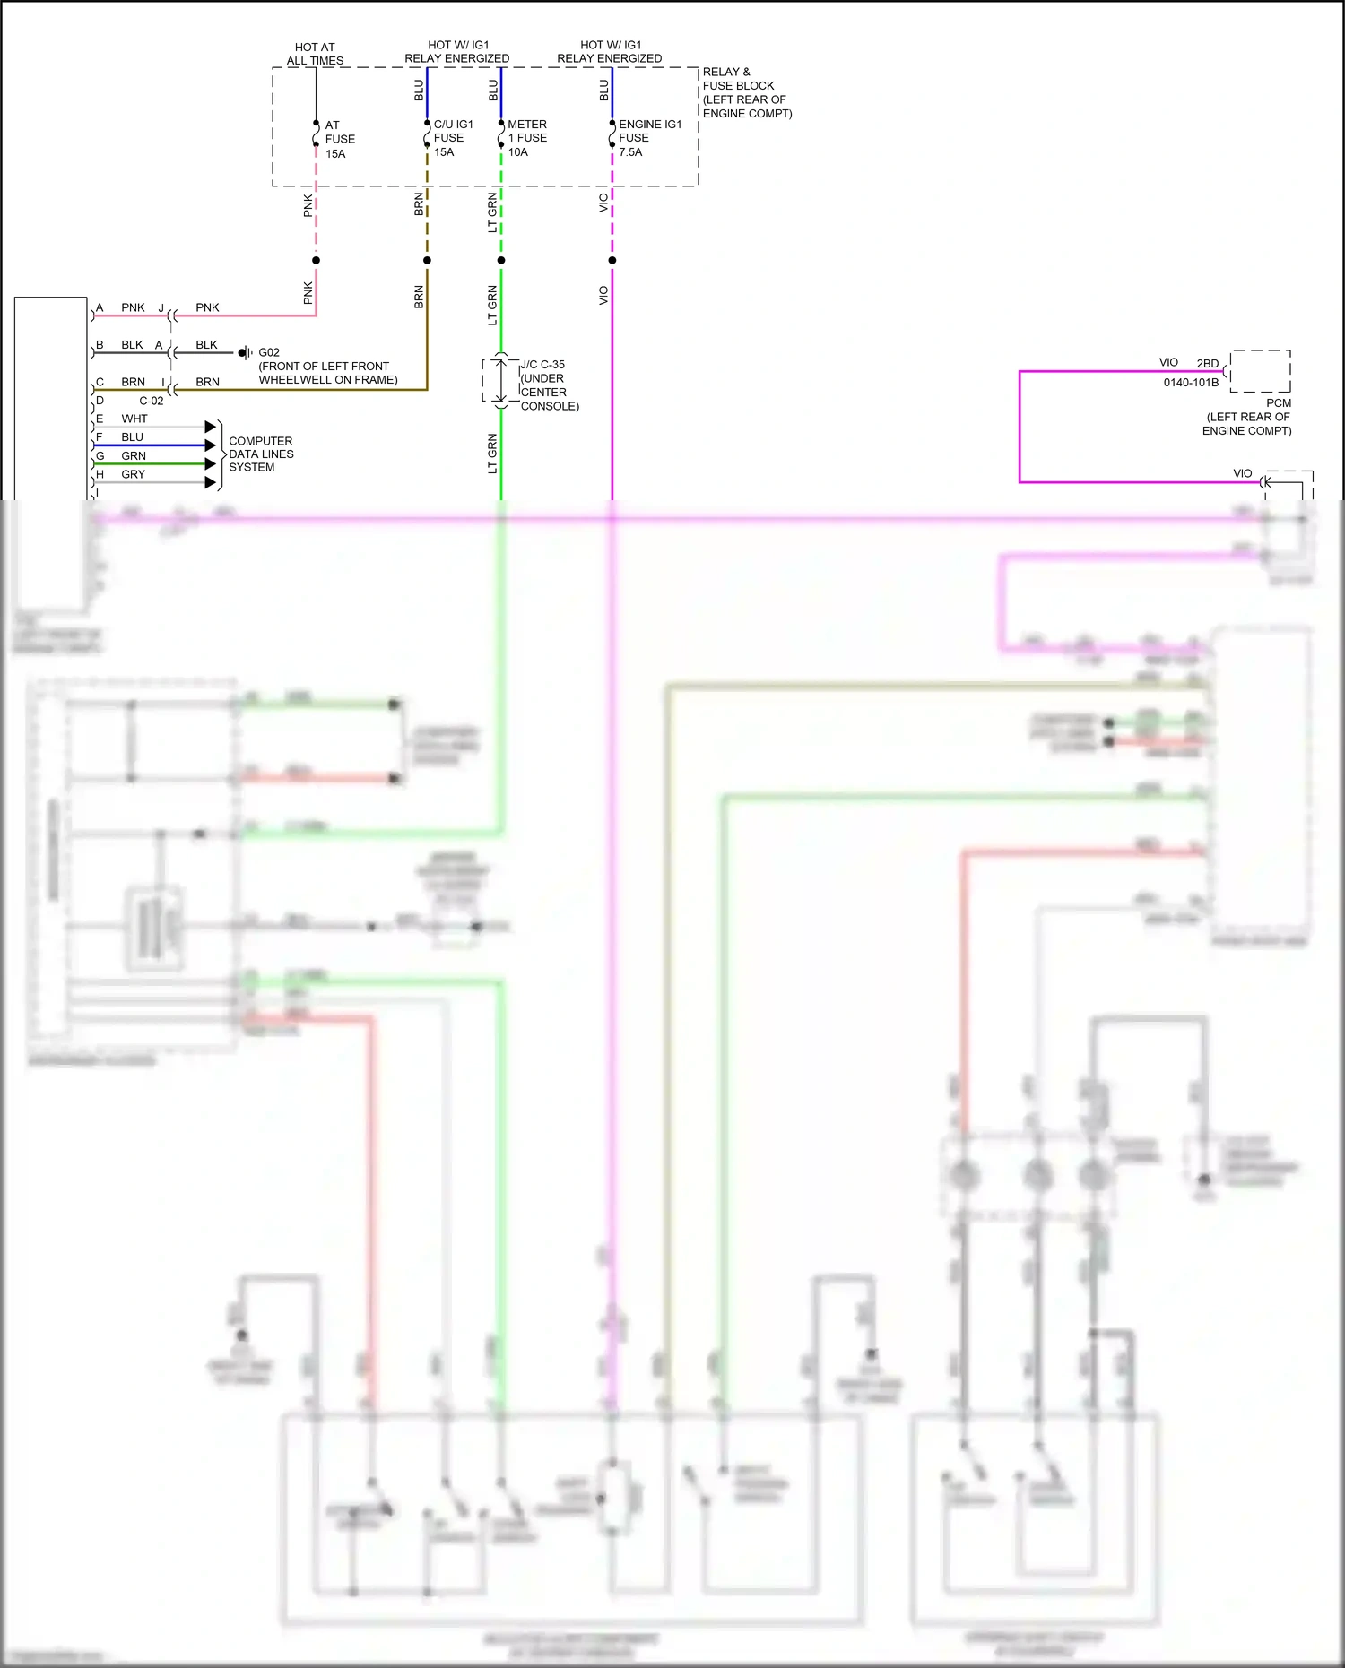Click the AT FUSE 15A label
pyautogui.click(x=339, y=139)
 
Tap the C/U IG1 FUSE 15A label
pyautogui.click(x=452, y=138)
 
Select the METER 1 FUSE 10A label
pyautogui.click(x=526, y=138)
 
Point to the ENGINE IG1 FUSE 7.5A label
pyautogui.click(x=649, y=138)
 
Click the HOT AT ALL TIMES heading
pyautogui.click(x=315, y=54)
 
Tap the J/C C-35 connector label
pyautogui.click(x=542, y=365)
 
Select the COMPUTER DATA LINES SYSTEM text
pyautogui.click(x=260, y=454)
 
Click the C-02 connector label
pyautogui.click(x=151, y=401)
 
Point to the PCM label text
pyautogui.click(x=1279, y=403)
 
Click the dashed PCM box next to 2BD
pyautogui.click(x=1261, y=371)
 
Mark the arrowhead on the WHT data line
pyautogui.click(x=211, y=427)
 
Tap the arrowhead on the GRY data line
pyautogui.click(x=211, y=482)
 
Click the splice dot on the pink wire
pyautogui.click(x=316, y=260)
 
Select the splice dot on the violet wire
pyautogui.click(x=612, y=260)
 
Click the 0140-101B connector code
pyautogui.click(x=1191, y=383)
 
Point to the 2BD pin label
pyautogui.click(x=1207, y=364)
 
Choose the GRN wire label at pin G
pyautogui.click(x=134, y=456)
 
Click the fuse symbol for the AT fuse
pyautogui.click(x=316, y=134)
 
